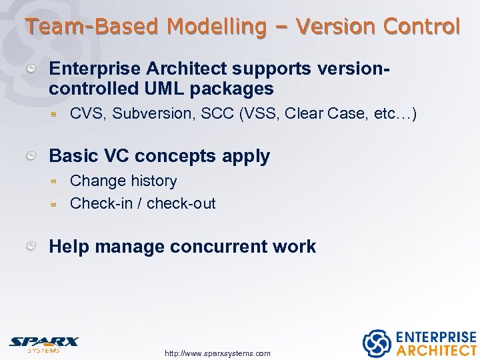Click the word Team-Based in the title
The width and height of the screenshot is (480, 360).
(92, 27)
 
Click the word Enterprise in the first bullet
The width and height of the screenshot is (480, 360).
(94, 69)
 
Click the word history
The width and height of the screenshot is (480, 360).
(154, 181)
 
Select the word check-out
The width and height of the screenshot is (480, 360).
(181, 203)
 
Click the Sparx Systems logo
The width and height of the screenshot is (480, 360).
(43, 343)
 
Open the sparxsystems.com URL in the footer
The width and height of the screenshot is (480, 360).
(217, 353)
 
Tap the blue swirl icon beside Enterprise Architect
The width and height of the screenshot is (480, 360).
(376, 343)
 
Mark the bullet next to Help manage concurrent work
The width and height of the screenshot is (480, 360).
(31, 246)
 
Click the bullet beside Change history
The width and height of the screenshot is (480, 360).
(58, 181)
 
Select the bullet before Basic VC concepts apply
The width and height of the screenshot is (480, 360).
(31, 155)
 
